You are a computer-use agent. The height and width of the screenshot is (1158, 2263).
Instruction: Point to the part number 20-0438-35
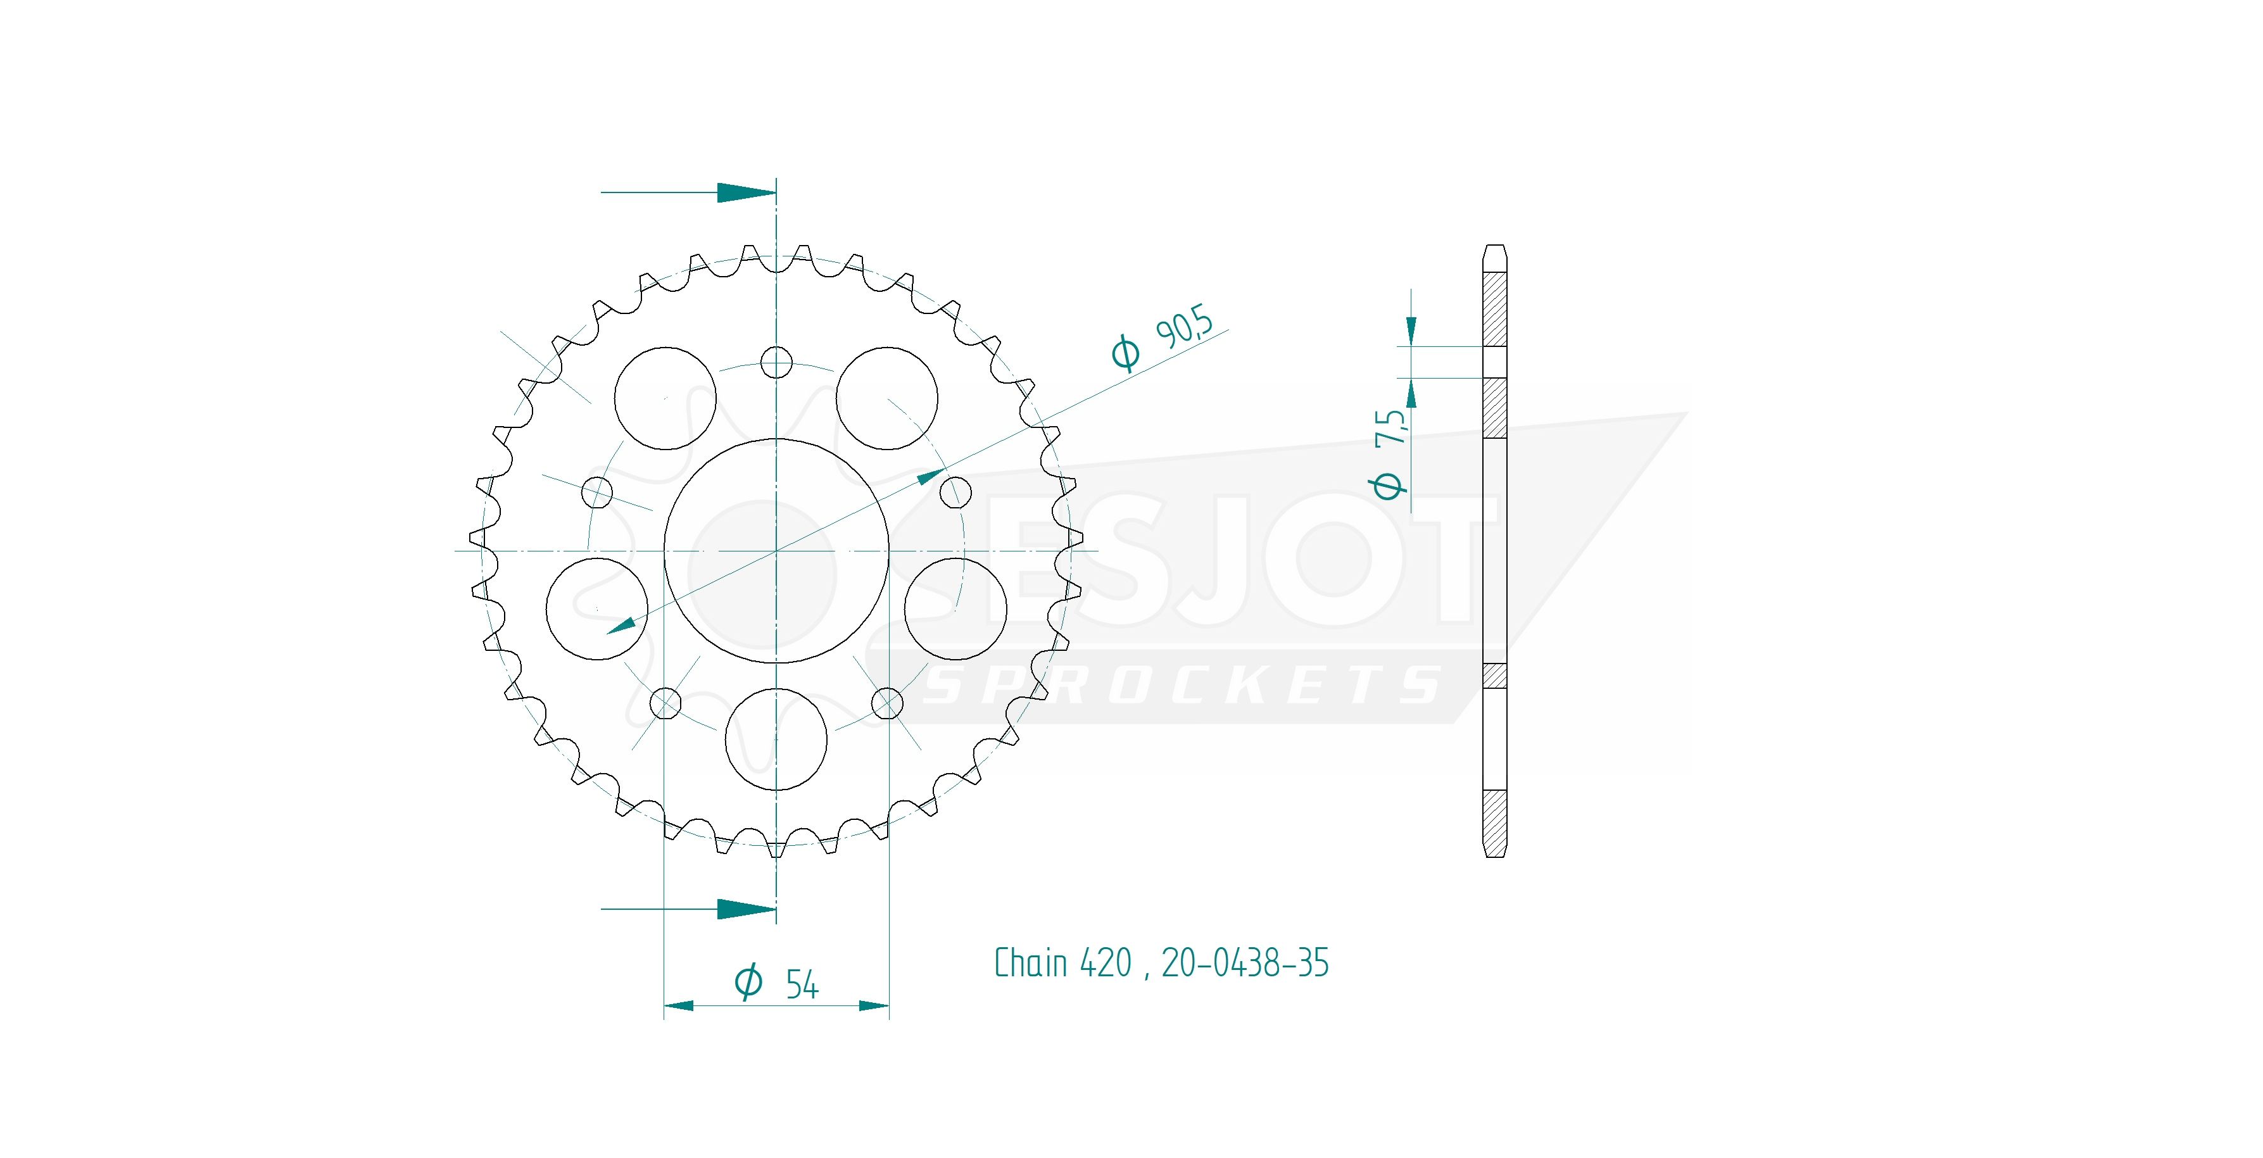coord(1245,963)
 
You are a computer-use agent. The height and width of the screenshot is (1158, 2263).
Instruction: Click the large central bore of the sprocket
coord(776,551)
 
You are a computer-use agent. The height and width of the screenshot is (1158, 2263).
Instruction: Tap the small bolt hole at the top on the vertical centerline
coord(776,361)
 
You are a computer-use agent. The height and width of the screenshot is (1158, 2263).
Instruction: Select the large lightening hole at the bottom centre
coord(776,739)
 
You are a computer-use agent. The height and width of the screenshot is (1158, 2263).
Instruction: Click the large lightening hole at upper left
coord(665,397)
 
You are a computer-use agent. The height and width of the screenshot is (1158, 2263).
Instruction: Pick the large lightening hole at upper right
coord(886,397)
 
